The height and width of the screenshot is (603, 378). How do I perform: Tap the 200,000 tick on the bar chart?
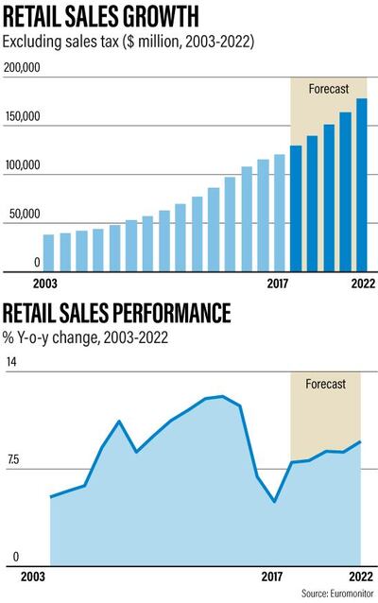click(x=23, y=68)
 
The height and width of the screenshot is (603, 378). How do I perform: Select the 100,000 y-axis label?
click(x=23, y=165)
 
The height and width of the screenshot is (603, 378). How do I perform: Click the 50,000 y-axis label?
click(x=26, y=215)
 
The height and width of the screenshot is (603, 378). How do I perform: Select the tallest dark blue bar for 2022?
click(x=361, y=183)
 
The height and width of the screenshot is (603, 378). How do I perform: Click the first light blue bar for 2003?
click(x=49, y=251)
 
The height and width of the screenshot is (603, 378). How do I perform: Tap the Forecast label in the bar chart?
click(x=329, y=89)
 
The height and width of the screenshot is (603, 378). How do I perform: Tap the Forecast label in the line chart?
click(x=326, y=384)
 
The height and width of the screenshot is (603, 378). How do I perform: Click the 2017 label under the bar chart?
click(x=278, y=282)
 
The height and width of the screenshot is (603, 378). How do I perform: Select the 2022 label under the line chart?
click(x=360, y=576)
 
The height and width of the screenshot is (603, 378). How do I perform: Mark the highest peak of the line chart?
click(x=221, y=396)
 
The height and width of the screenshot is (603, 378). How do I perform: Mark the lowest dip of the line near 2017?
click(x=274, y=501)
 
